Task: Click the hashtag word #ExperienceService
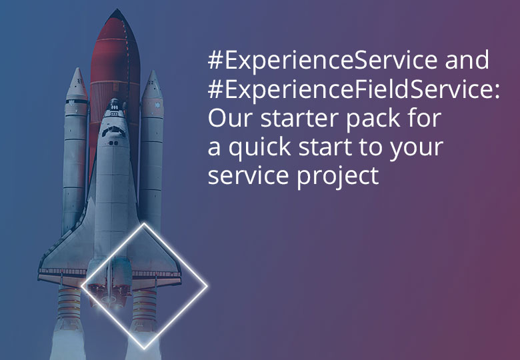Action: [x=323, y=61]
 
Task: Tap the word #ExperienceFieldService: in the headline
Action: [x=354, y=89]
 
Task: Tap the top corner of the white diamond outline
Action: [x=144, y=224]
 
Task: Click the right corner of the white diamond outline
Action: [x=207, y=287]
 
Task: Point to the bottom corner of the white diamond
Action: [x=144, y=349]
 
